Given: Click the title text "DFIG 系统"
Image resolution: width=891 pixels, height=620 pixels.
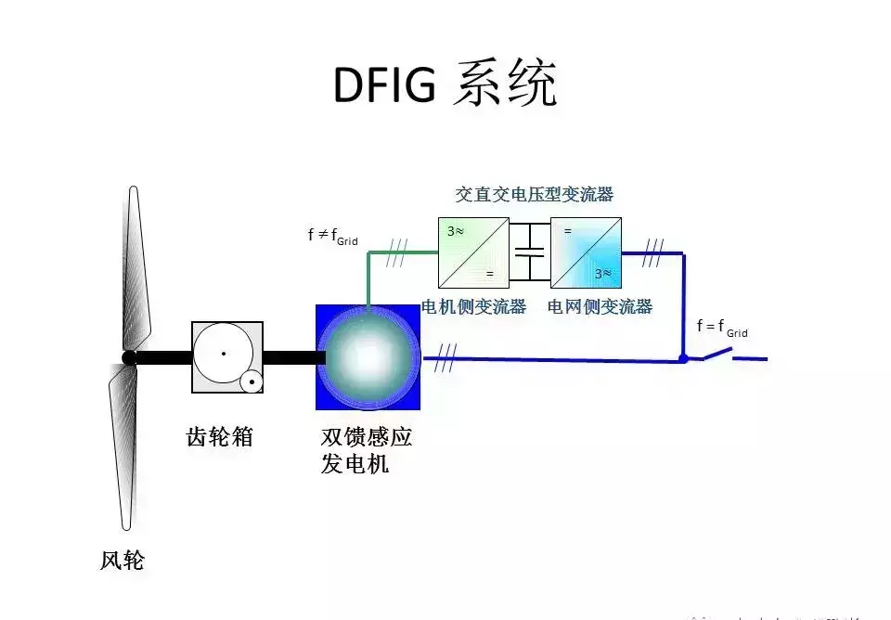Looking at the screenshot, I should [445, 85].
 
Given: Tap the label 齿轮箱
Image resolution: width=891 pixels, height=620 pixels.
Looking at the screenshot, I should [220, 437].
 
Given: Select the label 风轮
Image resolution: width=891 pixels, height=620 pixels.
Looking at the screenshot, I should [123, 561].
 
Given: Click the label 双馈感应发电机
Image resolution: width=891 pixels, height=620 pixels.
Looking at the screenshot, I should [366, 450].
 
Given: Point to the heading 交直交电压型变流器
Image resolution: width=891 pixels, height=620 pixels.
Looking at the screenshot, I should [534, 195].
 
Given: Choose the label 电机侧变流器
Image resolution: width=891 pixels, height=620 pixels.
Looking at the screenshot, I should [473, 307].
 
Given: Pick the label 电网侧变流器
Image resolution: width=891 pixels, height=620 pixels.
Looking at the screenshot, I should [600, 307].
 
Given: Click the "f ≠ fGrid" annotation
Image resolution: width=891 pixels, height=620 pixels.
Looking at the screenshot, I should [332, 236].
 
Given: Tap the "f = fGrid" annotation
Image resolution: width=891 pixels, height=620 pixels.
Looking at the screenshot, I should [722, 327].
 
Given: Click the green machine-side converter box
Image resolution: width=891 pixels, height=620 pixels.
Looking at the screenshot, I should [473, 252].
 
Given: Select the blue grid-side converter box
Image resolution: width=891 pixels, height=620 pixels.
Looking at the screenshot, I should [586, 252].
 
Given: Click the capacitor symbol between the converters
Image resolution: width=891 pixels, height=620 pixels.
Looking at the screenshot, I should [530, 252].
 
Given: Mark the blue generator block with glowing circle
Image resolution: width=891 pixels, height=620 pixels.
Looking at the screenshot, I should [368, 357].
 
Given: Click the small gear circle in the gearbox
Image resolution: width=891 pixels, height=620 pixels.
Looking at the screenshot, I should [251, 381].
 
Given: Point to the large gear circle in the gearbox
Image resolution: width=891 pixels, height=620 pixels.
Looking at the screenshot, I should [223, 354].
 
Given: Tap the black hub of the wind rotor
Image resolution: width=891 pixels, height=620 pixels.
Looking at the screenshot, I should [129, 358].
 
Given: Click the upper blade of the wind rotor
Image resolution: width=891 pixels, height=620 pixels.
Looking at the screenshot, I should [136, 269].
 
